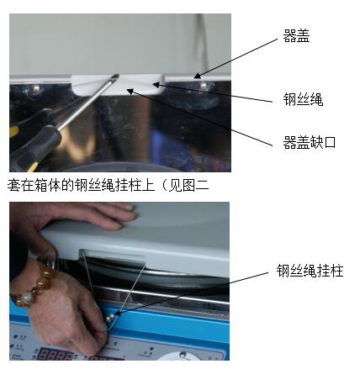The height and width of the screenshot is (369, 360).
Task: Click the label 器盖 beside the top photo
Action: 296,36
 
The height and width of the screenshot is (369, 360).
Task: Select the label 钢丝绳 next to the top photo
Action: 303,99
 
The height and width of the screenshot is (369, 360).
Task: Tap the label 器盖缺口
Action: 310,142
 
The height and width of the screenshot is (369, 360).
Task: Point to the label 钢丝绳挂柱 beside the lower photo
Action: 310,271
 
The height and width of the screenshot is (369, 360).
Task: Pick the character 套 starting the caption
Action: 13,185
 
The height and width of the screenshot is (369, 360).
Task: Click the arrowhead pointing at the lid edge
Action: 197,76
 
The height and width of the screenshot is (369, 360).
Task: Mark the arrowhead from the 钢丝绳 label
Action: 156,84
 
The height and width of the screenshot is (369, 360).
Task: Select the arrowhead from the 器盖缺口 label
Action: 130,91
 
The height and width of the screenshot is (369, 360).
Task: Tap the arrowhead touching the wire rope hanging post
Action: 119,313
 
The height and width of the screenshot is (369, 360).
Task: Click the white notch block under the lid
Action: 118,84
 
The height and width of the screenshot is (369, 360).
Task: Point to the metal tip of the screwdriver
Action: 116,76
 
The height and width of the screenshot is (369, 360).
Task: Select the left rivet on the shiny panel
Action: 36,88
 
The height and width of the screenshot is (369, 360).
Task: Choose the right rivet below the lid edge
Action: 204,85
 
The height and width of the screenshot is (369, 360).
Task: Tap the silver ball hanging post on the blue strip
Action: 110,318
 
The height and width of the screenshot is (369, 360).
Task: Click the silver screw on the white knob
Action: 183,354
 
